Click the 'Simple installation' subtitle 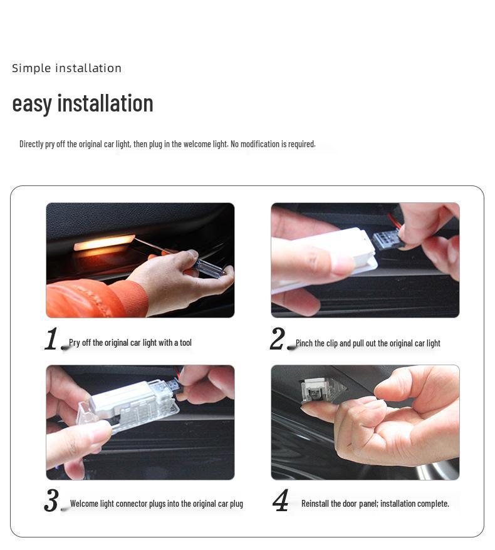66,68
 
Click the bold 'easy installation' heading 83,103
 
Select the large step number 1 52,340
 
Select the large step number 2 278,340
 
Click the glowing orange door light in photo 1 104,243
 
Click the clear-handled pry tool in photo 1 207,266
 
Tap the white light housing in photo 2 326,257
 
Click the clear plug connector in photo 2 385,239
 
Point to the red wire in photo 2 393,220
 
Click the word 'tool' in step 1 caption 185,343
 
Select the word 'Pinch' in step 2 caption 305,343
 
